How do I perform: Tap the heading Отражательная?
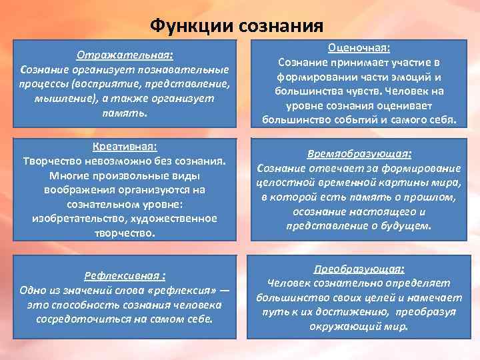tap(125, 54)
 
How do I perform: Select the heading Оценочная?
tap(359, 48)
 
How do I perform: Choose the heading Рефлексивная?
tap(125, 275)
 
